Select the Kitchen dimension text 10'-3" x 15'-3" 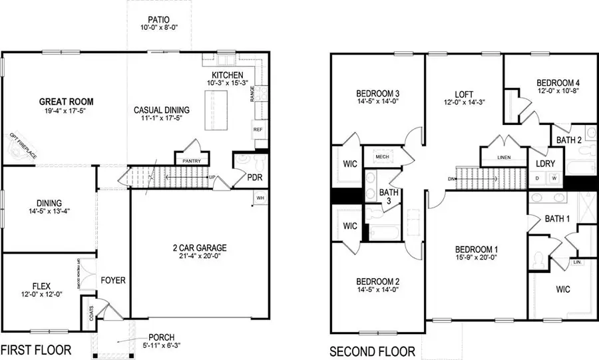point(227,85)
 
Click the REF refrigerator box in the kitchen point(258,130)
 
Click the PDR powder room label point(255,178)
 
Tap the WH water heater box point(260,198)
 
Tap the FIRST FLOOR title point(36,350)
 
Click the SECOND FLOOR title point(373,351)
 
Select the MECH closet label point(382,157)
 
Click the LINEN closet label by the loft point(504,158)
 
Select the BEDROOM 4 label point(558,83)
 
